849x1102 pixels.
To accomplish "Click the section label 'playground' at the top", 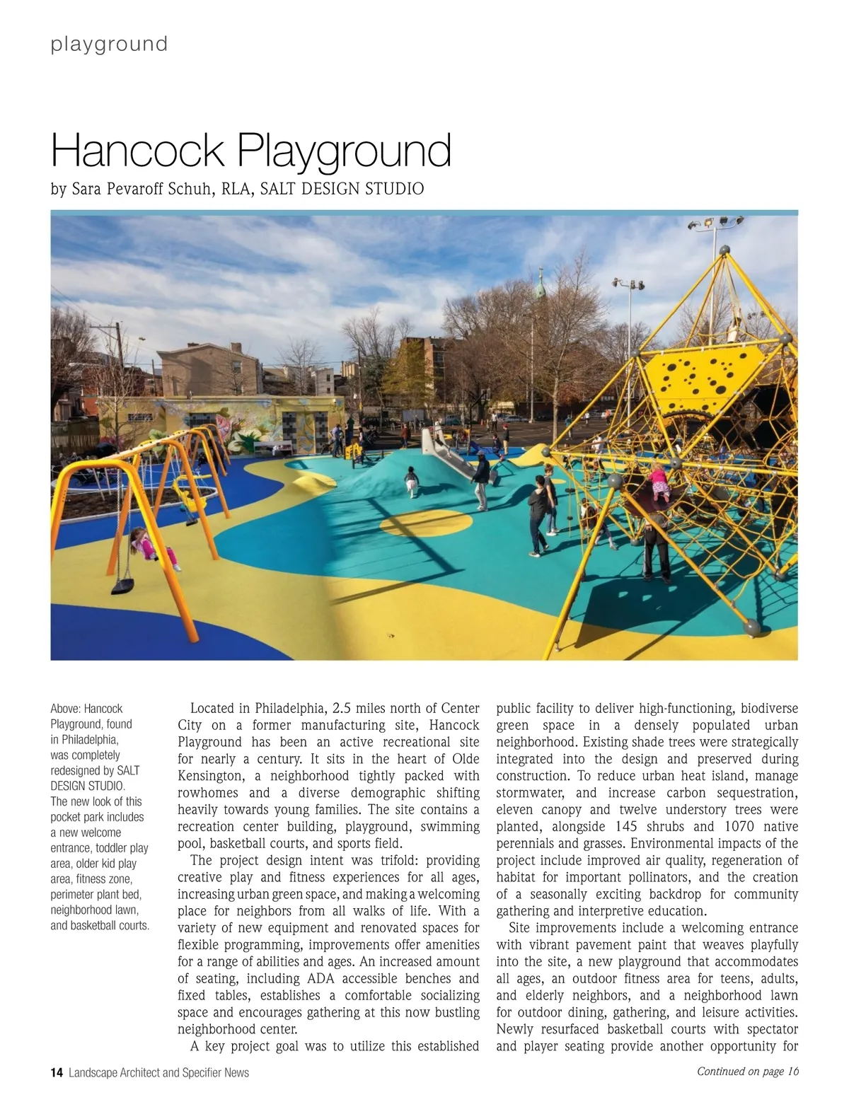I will coord(109,44).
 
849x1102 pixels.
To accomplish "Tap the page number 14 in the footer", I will coord(57,1072).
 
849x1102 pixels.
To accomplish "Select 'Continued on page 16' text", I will coord(748,1071).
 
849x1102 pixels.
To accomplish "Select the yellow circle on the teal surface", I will coord(426,523).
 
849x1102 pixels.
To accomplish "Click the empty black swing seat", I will coord(122,586).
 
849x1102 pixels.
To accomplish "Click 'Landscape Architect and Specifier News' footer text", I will coord(158,1072).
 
